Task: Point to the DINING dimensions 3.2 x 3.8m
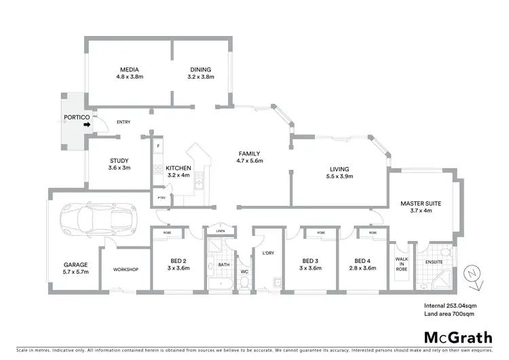[200, 77]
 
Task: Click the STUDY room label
[119, 160]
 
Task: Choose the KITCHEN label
[178, 168]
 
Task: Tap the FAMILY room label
[249, 154]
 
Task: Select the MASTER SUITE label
[421, 203]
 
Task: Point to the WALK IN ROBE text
[400, 262]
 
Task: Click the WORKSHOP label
[126, 270]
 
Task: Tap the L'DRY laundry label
[267, 253]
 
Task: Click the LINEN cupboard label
[220, 232]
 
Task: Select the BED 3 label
[310, 260]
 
